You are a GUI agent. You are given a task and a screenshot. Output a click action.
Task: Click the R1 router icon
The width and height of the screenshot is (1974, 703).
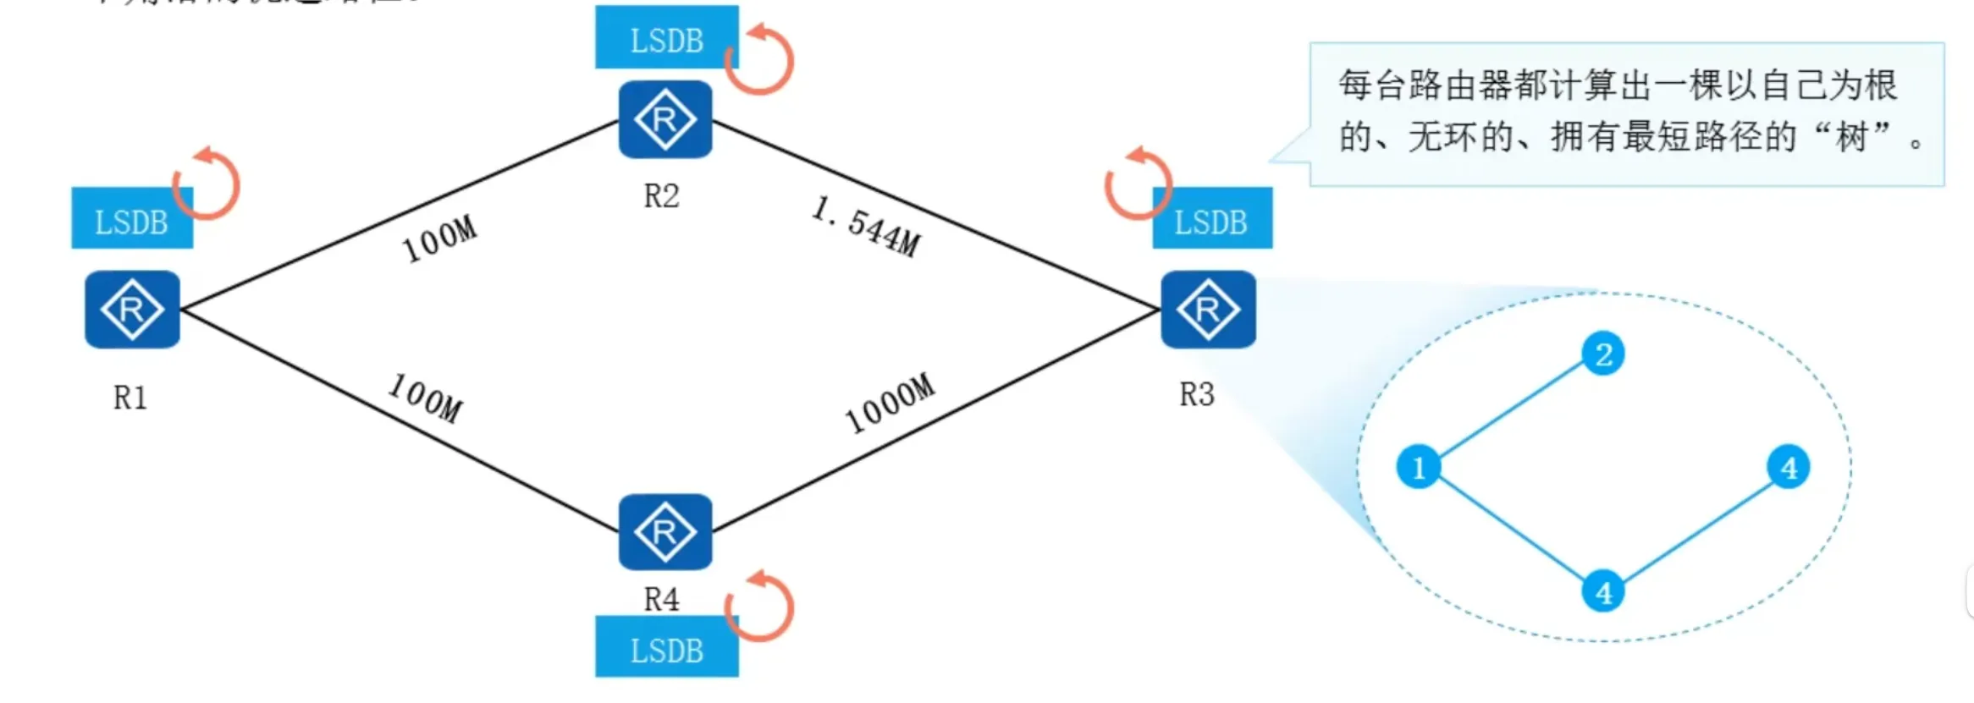[x=132, y=310]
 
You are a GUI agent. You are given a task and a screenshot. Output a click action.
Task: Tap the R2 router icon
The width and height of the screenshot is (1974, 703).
[x=665, y=119]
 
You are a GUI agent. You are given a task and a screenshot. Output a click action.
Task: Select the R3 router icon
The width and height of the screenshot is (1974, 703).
[x=1208, y=310]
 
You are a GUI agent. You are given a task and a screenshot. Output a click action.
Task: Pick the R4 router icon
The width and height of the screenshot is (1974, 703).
[x=665, y=532]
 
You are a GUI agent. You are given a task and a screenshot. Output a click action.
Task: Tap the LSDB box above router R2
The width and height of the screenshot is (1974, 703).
[x=666, y=38]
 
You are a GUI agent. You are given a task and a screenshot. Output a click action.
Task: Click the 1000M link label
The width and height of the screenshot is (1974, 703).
[x=890, y=403]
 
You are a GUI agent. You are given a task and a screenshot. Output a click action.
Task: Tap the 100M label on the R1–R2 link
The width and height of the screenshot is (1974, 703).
[x=439, y=239]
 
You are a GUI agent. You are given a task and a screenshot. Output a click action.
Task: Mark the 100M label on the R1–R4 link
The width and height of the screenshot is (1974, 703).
[x=426, y=398]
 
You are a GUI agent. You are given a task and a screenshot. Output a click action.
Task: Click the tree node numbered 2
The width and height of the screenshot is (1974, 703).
[x=1603, y=354]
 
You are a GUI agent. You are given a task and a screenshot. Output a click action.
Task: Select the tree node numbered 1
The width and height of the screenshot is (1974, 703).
[x=1419, y=467]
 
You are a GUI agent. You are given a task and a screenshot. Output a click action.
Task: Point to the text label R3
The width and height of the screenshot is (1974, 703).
[x=1197, y=394]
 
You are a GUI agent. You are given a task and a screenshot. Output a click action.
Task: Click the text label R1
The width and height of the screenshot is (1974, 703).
[x=130, y=398]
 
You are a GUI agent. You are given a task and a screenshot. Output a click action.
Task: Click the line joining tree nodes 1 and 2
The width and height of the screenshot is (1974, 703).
[x=1511, y=410]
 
